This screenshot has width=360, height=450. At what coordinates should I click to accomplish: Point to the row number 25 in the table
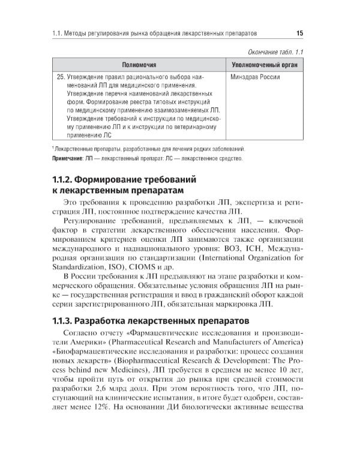60,77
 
